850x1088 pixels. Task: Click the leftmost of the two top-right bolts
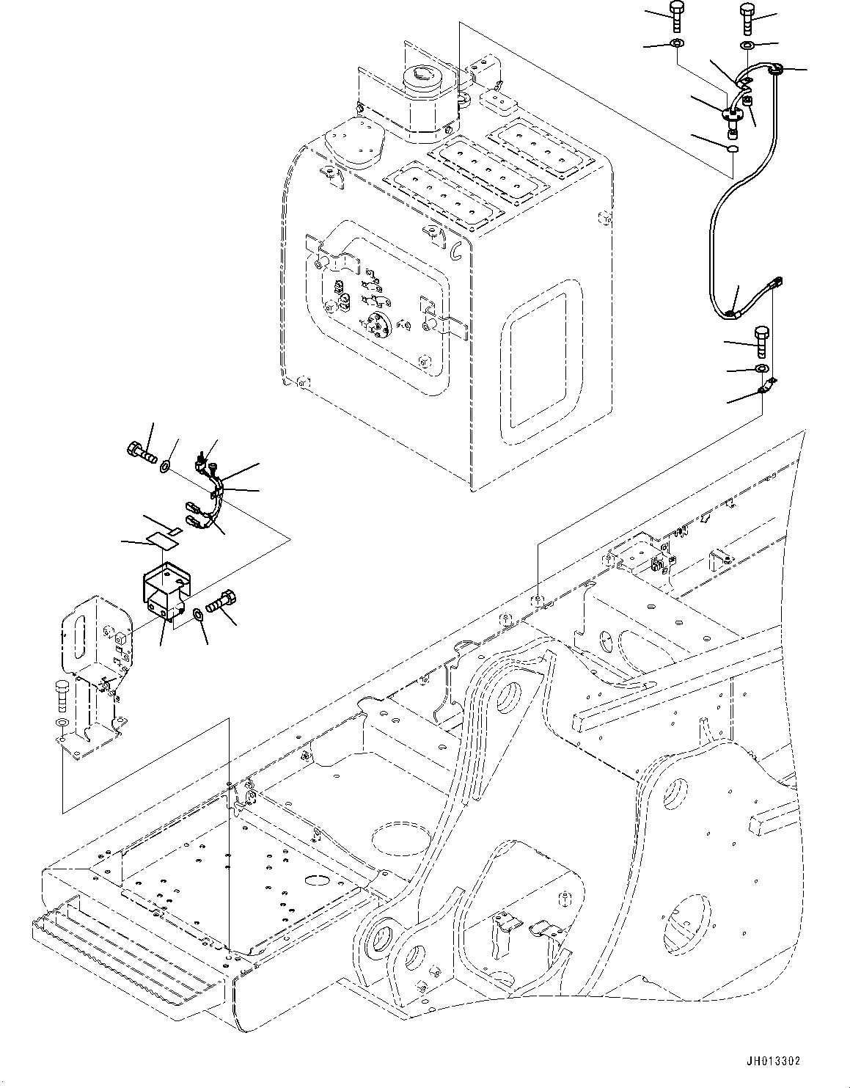click(676, 17)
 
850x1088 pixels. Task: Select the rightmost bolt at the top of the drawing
click(747, 18)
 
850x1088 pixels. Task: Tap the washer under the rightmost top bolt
click(747, 46)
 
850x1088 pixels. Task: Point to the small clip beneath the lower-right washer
click(766, 387)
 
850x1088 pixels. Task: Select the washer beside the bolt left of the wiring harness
click(167, 464)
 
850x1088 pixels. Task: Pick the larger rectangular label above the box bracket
click(160, 541)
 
